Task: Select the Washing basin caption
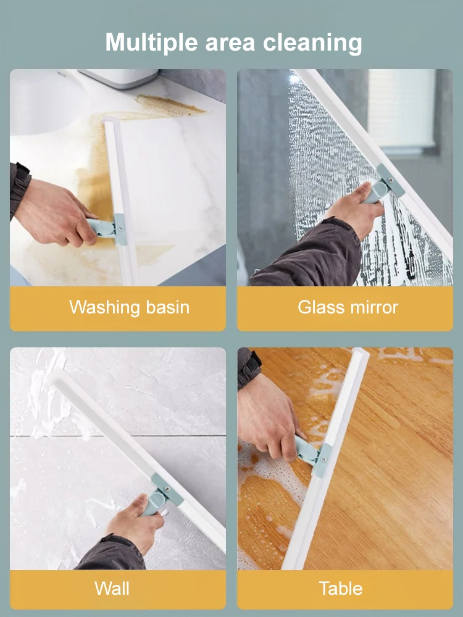pos(129,307)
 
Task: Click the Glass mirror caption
pos(348,307)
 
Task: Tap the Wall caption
pos(112,588)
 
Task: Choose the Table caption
pos(341,588)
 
